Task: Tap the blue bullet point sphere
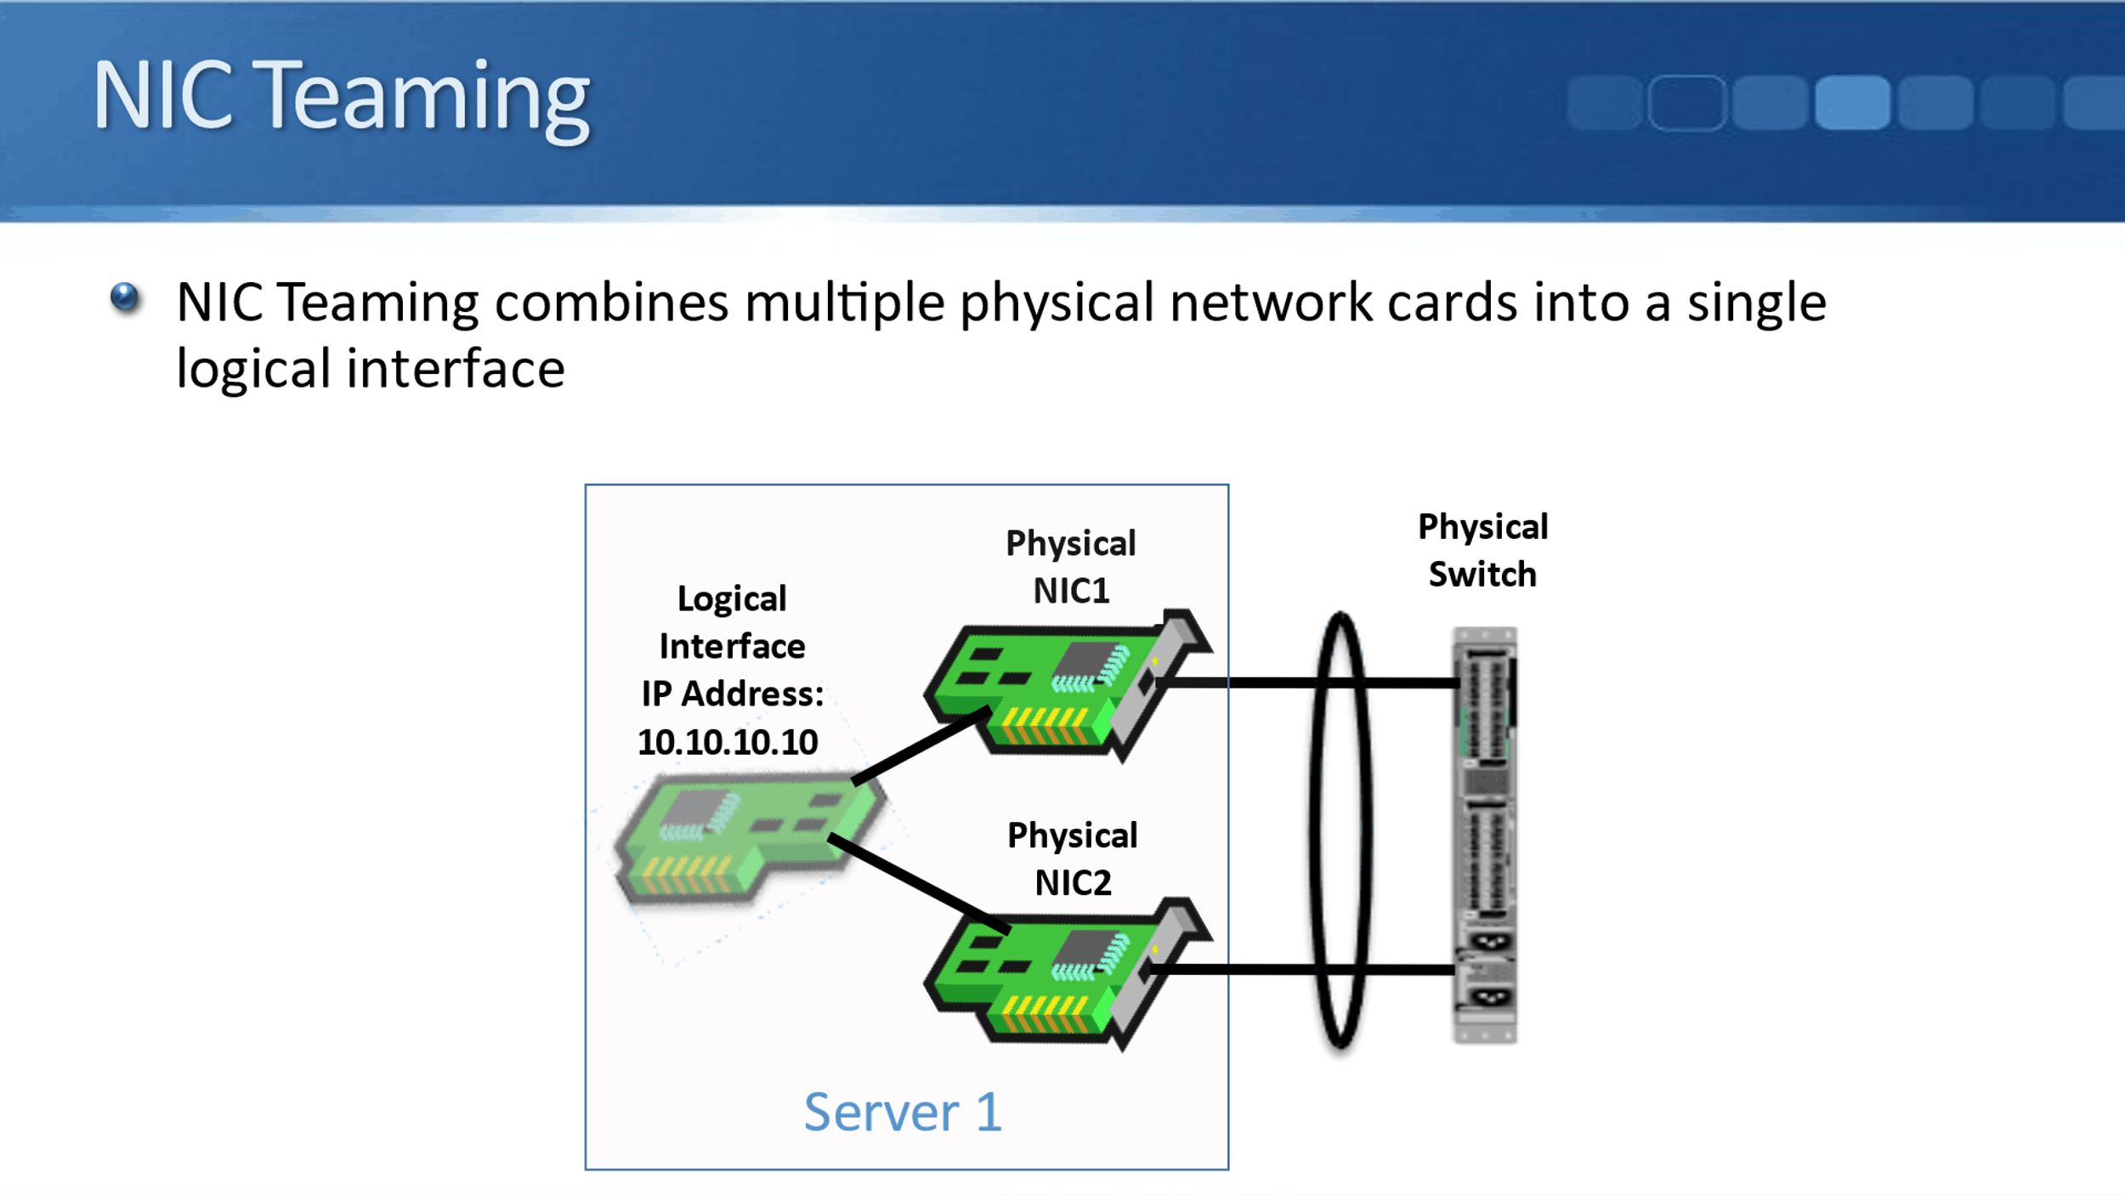point(125,297)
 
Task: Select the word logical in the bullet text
point(252,370)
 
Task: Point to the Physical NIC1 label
point(1070,566)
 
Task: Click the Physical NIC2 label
point(1072,858)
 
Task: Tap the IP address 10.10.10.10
point(728,742)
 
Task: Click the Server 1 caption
point(903,1112)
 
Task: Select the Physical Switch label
point(1482,550)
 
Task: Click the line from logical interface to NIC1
point(920,745)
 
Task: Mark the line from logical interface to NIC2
point(918,884)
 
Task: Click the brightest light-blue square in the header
point(1852,102)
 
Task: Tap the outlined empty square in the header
point(1686,102)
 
